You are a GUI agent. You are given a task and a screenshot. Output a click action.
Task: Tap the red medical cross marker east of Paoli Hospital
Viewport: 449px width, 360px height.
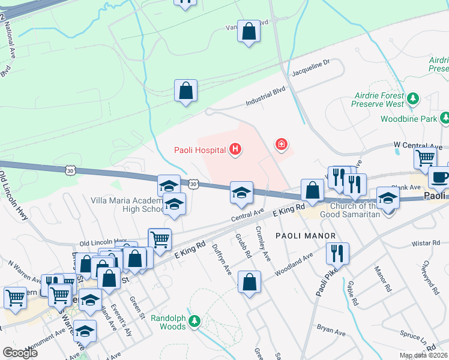(x=280, y=144)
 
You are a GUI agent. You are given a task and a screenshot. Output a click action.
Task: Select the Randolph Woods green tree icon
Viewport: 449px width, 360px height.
(x=194, y=322)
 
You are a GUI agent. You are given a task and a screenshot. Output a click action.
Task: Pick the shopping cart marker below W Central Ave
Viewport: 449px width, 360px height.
(x=425, y=158)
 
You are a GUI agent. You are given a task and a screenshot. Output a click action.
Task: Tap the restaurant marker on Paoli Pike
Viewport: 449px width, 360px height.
(x=335, y=253)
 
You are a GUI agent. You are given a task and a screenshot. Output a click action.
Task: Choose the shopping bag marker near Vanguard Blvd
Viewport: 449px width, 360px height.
(x=249, y=31)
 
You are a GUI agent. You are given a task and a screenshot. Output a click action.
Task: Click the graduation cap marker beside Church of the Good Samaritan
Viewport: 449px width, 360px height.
(x=388, y=197)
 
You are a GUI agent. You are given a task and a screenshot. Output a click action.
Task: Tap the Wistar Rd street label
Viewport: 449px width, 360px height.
(x=427, y=244)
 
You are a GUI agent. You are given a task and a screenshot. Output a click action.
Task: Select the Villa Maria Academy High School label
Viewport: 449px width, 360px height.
(x=126, y=205)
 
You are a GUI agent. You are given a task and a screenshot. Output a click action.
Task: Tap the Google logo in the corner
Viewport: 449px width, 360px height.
(x=20, y=353)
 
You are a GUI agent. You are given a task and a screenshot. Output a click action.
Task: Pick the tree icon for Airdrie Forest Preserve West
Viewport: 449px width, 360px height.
(x=412, y=98)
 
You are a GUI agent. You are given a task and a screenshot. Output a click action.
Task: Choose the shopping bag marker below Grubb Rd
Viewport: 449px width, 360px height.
(x=249, y=281)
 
